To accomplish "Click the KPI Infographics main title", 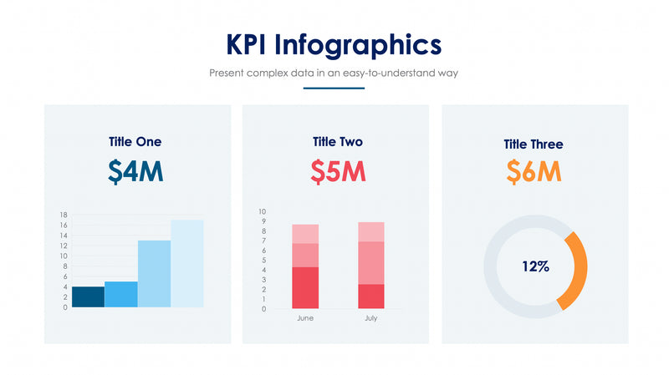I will pyautogui.click(x=334, y=43).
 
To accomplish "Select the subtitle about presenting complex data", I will pyautogui.click(x=334, y=73).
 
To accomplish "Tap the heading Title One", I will pyautogui.click(x=135, y=141).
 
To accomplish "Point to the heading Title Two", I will pyautogui.click(x=338, y=141).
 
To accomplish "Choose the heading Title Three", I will pyautogui.click(x=534, y=144).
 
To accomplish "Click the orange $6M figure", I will pyautogui.click(x=534, y=171).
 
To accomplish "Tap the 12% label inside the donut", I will pyautogui.click(x=535, y=267).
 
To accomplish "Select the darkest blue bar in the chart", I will pyautogui.click(x=89, y=296).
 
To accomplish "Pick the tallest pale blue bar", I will pyautogui.click(x=187, y=263).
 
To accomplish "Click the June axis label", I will pyautogui.click(x=305, y=318).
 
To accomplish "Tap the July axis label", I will pyautogui.click(x=370, y=318).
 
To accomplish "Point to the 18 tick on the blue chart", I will pyautogui.click(x=64, y=215).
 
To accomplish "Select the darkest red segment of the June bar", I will pyautogui.click(x=305, y=288).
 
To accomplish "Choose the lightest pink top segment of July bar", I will pyautogui.click(x=371, y=231).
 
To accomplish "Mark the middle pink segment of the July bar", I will pyautogui.click(x=371, y=262).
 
